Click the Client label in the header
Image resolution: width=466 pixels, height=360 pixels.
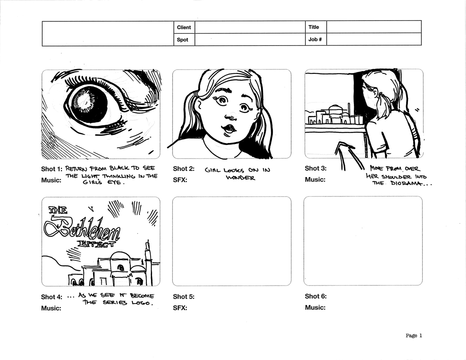click(x=184, y=27)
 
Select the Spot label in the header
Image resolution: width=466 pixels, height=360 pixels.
click(x=182, y=40)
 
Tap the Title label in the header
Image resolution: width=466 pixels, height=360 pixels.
click(x=313, y=27)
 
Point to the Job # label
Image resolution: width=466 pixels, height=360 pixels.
click(x=315, y=39)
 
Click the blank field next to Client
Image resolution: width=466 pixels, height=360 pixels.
click(x=250, y=27)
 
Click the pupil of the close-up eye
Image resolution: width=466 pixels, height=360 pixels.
click(x=86, y=106)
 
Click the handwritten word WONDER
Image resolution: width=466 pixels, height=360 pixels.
click(x=240, y=178)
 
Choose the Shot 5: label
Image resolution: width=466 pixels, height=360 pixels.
click(x=184, y=296)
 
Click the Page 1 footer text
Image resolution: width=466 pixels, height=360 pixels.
click(x=414, y=336)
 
